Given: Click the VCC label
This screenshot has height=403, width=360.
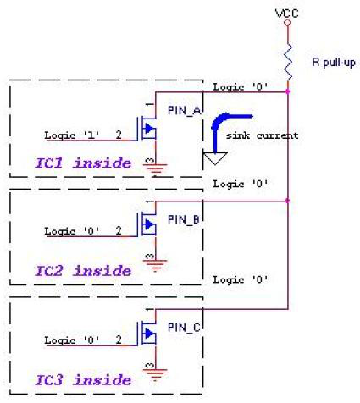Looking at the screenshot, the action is click(x=287, y=14).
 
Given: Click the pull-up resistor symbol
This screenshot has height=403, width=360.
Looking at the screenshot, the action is click(x=288, y=62).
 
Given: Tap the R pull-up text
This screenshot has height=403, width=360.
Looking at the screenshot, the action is click(x=334, y=63).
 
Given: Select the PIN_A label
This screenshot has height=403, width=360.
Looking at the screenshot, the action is click(x=184, y=110).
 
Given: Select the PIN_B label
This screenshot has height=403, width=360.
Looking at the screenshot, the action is click(x=184, y=219).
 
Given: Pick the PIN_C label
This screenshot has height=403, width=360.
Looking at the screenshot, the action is click(x=184, y=328).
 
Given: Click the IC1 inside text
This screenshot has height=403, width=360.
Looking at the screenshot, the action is click(x=83, y=163).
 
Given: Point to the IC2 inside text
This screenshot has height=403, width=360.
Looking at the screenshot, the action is click(x=83, y=271).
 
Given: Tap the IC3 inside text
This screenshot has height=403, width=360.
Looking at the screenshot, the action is click(x=83, y=379).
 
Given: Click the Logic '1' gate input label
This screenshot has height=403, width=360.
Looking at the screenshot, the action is click(x=72, y=135).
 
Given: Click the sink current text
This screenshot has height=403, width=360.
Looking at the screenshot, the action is click(x=262, y=135).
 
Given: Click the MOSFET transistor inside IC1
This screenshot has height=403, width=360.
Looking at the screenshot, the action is click(x=147, y=129).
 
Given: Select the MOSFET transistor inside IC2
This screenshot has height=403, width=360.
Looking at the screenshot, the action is click(x=147, y=224).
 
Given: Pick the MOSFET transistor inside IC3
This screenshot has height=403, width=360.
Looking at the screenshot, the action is click(x=147, y=334).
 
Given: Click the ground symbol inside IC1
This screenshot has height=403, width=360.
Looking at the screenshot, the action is click(x=155, y=168).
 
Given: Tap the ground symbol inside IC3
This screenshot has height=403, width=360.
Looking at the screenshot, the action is click(x=155, y=375).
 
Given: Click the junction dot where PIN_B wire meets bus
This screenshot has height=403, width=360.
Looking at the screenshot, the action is click(x=287, y=201).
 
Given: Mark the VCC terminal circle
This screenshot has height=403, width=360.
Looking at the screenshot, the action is click(x=287, y=22).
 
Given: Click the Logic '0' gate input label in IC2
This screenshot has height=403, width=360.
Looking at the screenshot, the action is click(x=72, y=231).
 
